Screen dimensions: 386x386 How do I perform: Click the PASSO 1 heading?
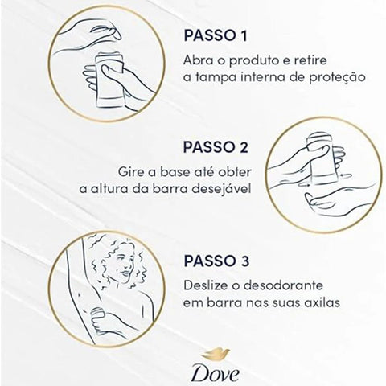pyautogui.click(x=216, y=38)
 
